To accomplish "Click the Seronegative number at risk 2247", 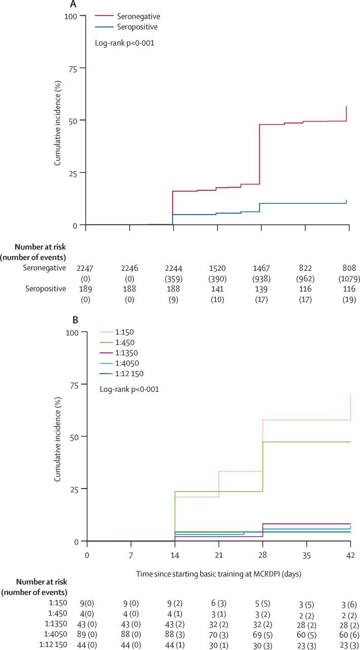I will (x=86, y=268).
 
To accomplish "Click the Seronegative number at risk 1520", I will (x=218, y=268).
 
